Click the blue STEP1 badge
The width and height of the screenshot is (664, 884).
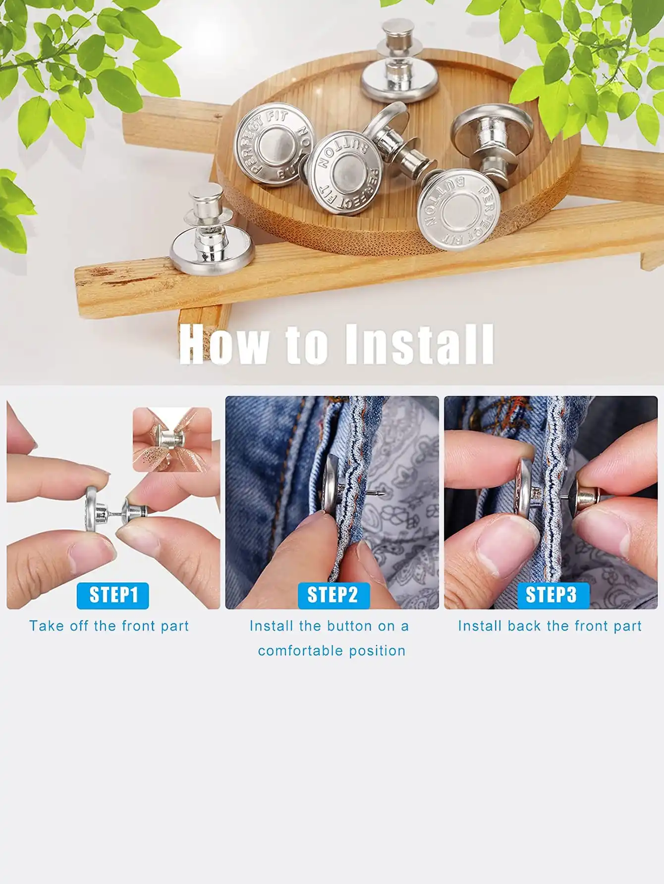(113, 595)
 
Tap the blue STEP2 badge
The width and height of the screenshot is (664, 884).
(333, 595)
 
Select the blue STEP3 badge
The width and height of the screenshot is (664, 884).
(553, 595)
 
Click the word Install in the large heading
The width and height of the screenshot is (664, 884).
(419, 344)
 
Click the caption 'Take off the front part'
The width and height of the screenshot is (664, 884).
(109, 626)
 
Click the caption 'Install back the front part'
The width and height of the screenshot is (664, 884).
(550, 626)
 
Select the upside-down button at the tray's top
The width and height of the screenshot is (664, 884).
(399, 62)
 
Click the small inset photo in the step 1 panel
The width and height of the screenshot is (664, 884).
(172, 439)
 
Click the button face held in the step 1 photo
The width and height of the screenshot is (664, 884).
(92, 509)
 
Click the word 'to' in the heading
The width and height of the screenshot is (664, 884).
(307, 345)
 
